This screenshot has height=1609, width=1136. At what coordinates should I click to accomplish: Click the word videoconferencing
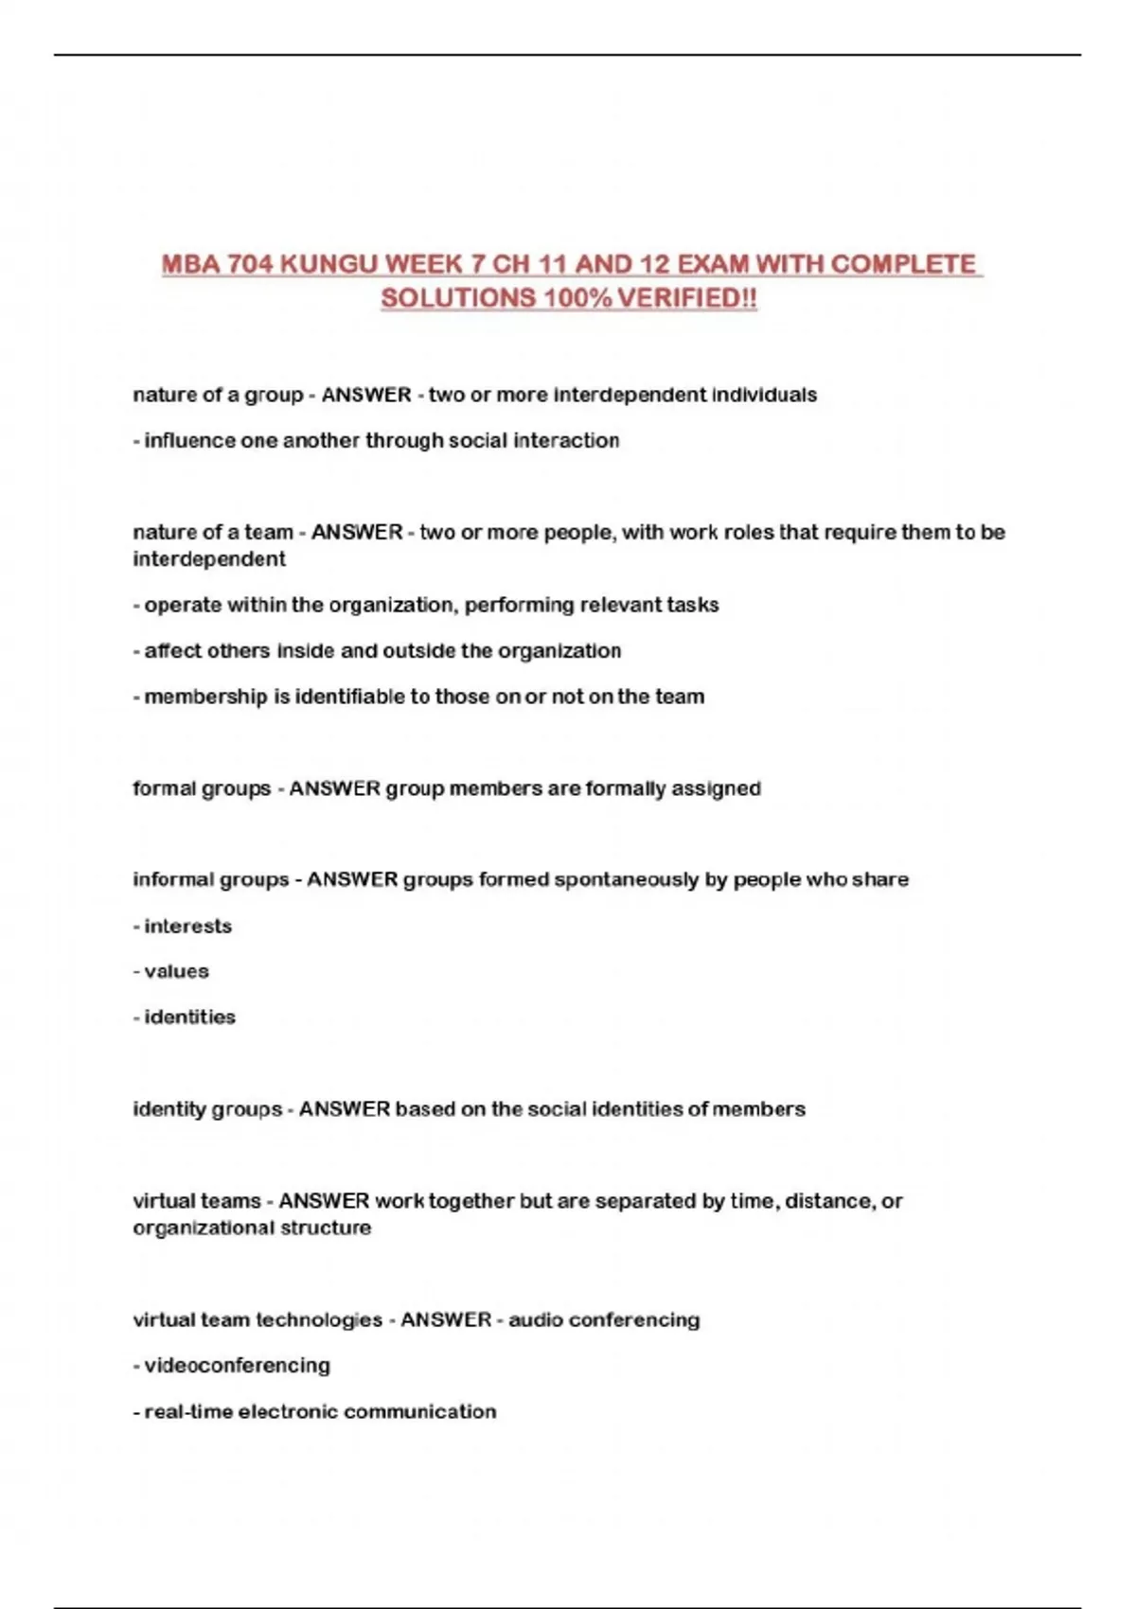(x=237, y=1366)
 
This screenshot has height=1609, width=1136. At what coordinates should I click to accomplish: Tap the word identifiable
(x=349, y=698)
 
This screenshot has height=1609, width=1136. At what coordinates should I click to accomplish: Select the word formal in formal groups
(x=163, y=789)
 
